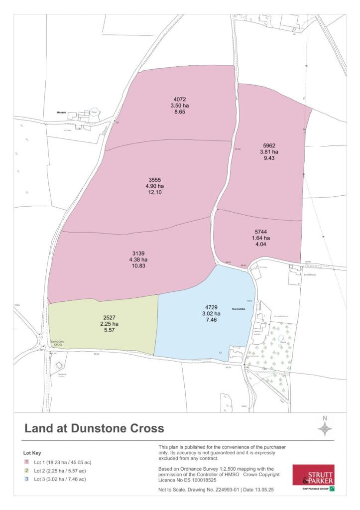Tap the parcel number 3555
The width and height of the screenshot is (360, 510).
pos(155,179)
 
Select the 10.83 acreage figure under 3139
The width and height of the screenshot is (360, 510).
pos(138,266)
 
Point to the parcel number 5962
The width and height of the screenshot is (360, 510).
pos(269,145)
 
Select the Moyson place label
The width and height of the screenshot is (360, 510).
pos(62,113)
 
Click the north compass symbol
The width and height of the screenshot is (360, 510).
pos(325,428)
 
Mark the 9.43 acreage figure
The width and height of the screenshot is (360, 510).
pos(269,158)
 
